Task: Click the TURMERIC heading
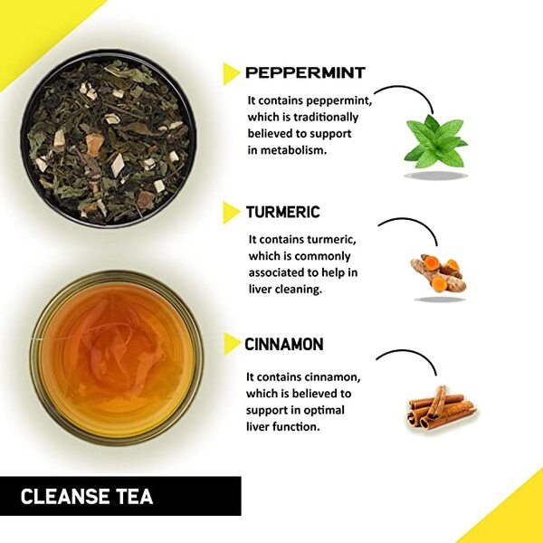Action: [282, 213]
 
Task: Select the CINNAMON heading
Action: [284, 345]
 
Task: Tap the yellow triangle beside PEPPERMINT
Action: [231, 73]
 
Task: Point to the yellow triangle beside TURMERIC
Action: [231, 213]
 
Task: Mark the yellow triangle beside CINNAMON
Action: [231, 345]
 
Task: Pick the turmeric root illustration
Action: [435, 271]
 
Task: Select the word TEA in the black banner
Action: [134, 497]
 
